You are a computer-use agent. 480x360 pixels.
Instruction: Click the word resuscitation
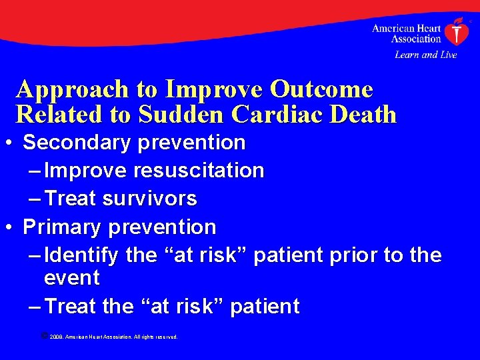(199, 171)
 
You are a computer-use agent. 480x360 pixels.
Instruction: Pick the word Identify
(81, 255)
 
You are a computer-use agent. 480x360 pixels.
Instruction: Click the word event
(71, 277)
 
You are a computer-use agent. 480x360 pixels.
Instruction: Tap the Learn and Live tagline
(425, 55)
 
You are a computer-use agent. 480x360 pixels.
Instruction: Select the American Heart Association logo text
(407, 33)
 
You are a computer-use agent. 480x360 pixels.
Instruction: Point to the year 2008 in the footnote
(55, 337)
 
